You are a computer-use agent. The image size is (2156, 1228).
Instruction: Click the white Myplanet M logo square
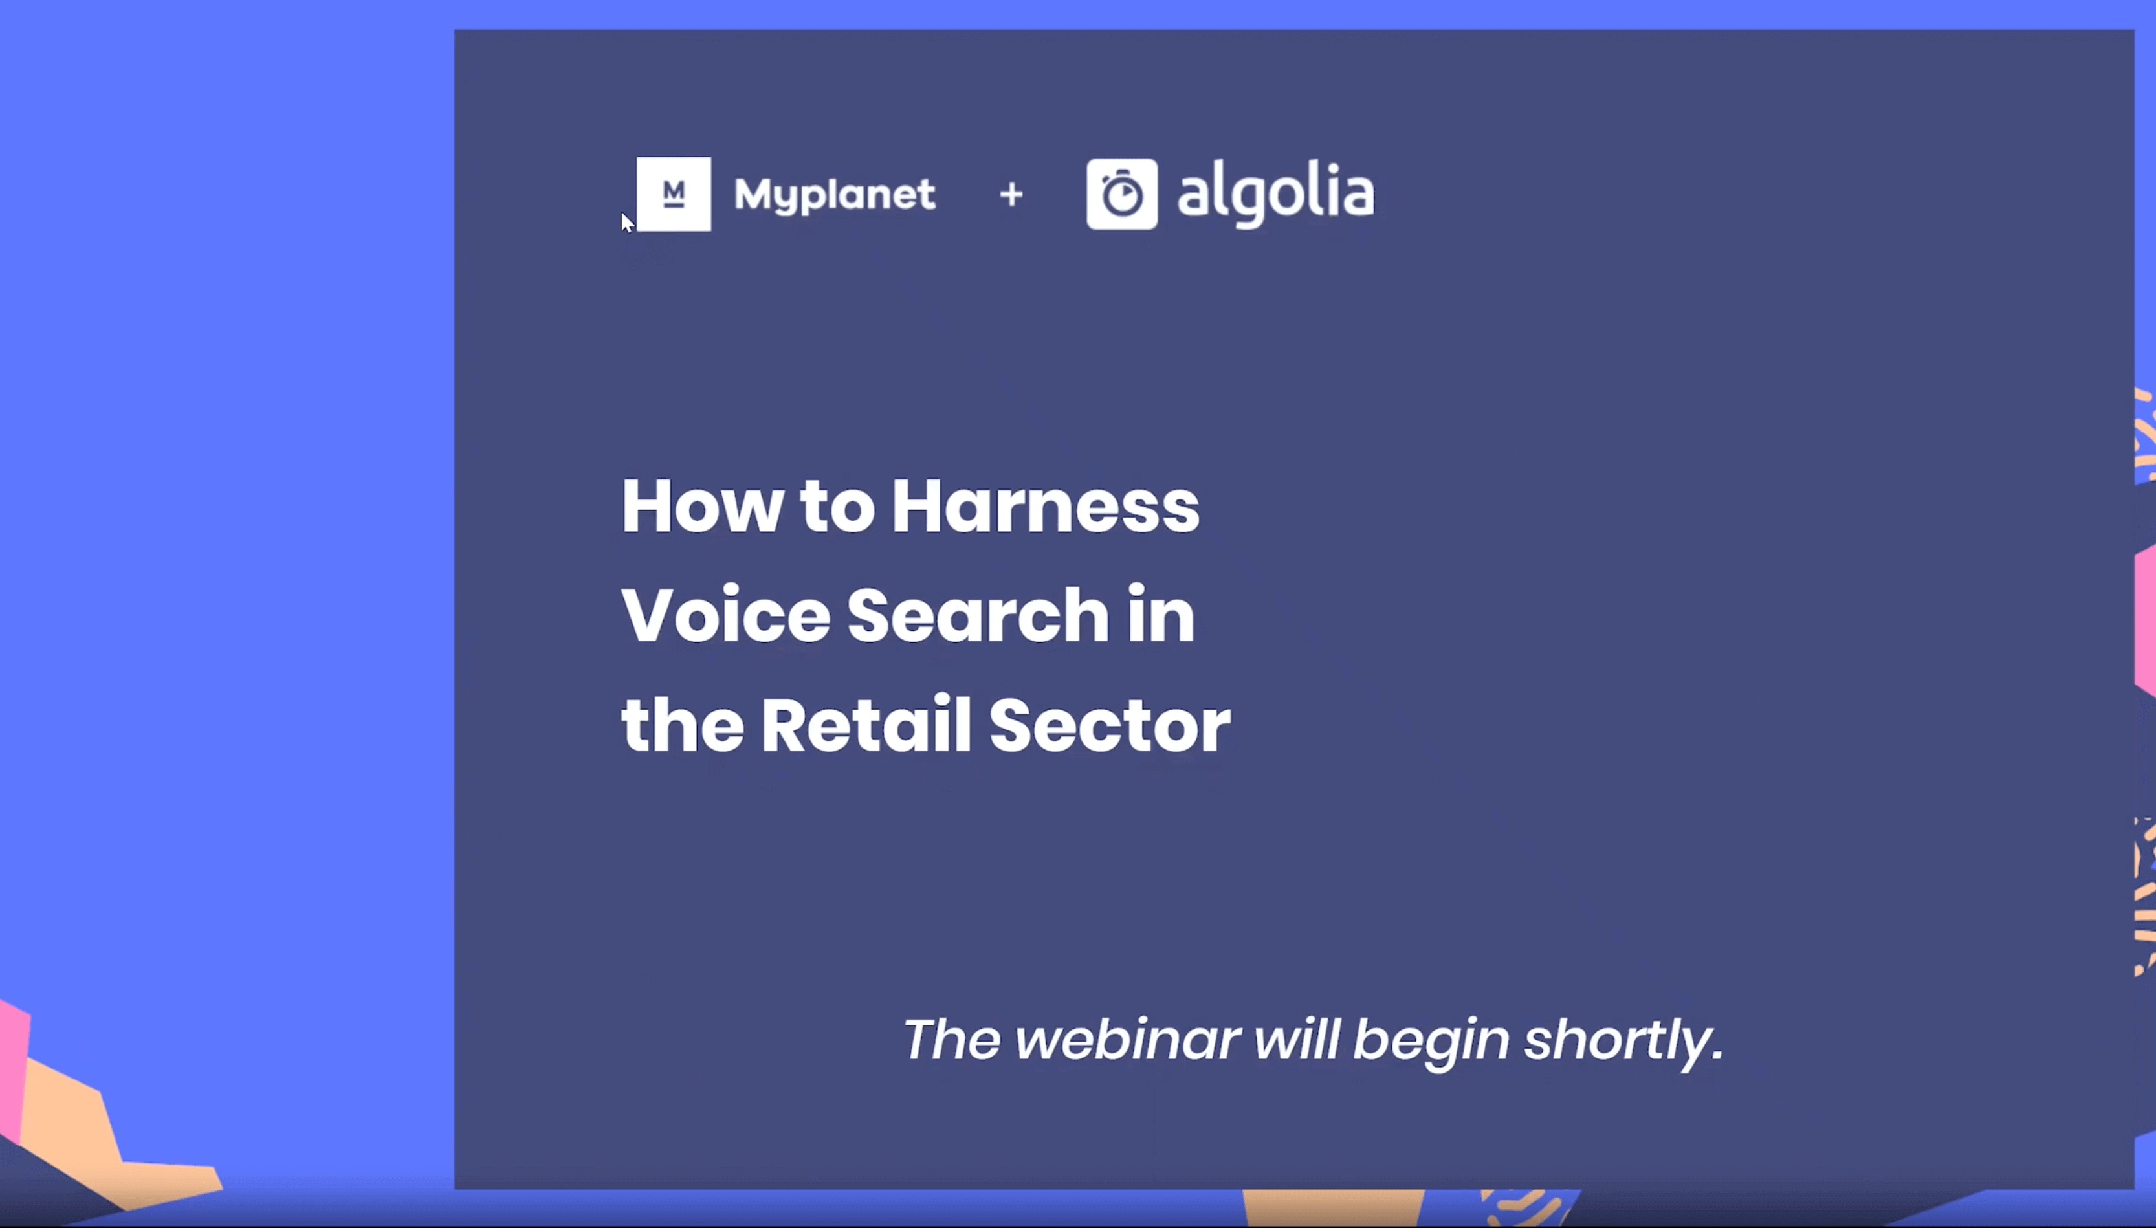673,194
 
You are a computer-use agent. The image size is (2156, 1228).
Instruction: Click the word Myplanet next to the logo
834,195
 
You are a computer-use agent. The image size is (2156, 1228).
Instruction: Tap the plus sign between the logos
1011,195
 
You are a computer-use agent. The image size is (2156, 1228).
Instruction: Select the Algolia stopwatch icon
1121,194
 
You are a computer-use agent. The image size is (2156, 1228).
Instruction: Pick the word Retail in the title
865,725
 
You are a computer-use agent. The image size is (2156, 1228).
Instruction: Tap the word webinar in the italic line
1126,1039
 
